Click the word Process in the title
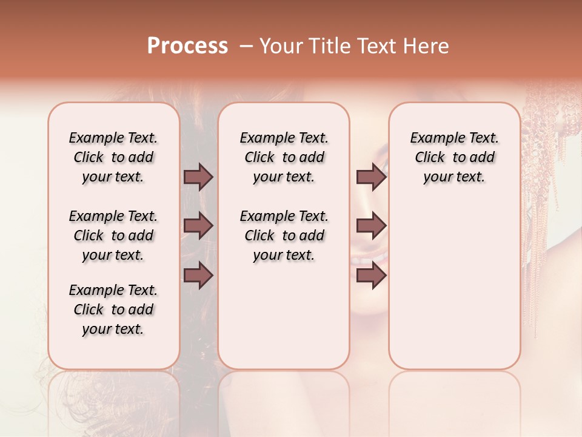[187, 46]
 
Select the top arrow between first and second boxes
[198, 177]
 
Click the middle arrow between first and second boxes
[198, 226]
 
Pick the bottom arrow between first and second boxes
[198, 276]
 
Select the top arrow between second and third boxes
[372, 177]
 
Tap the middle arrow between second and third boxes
[372, 226]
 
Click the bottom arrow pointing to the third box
[372, 276]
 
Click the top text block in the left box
[113, 157]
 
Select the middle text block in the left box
[113, 235]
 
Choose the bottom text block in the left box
[113, 310]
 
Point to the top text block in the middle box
[284, 157]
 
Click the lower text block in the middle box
[284, 235]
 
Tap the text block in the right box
[455, 157]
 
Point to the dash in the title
[246, 46]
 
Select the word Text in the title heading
[376, 46]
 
